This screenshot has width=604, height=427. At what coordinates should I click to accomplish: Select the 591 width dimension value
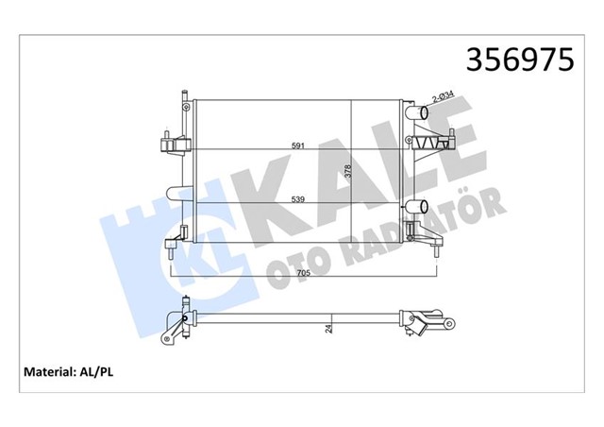coord(297,145)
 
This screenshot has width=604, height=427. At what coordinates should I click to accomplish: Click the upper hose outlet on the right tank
coord(417,115)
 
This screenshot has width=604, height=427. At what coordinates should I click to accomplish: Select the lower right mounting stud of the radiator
coord(436,248)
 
